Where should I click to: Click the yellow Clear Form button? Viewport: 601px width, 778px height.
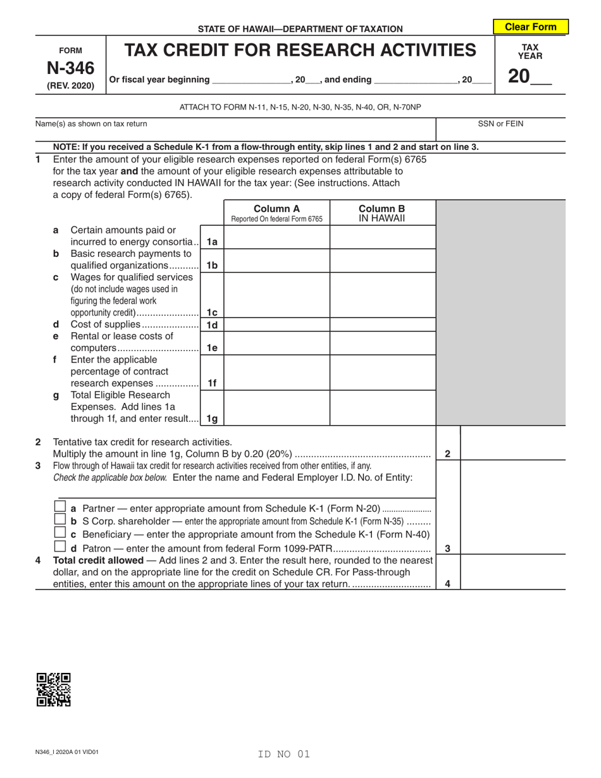coord(530,27)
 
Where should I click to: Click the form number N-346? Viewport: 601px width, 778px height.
coord(70,68)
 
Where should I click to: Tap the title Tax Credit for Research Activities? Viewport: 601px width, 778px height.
coord(300,50)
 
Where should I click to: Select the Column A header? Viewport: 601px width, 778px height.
coord(276,213)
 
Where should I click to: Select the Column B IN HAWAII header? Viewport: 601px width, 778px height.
coord(382,213)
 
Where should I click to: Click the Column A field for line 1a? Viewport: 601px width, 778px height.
coord(276,237)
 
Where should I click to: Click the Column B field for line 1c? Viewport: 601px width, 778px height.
coord(382,295)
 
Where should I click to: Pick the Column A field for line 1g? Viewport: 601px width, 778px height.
coord(276,407)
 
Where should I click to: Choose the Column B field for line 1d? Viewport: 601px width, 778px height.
coord(382,325)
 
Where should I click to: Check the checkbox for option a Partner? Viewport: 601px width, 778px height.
coord(60,507)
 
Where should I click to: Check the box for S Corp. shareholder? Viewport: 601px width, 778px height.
coord(60,520)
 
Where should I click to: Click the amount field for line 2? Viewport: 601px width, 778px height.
coord(512,443)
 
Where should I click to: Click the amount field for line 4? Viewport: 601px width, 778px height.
coord(512,573)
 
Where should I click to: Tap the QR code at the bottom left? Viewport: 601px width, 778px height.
coord(54,689)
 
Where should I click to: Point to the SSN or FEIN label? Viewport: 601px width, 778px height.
coord(500,124)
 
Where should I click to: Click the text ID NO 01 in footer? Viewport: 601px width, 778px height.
coord(284,754)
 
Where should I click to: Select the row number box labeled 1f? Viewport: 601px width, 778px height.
coord(212,383)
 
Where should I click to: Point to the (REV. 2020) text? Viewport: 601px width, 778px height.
coord(70,85)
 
